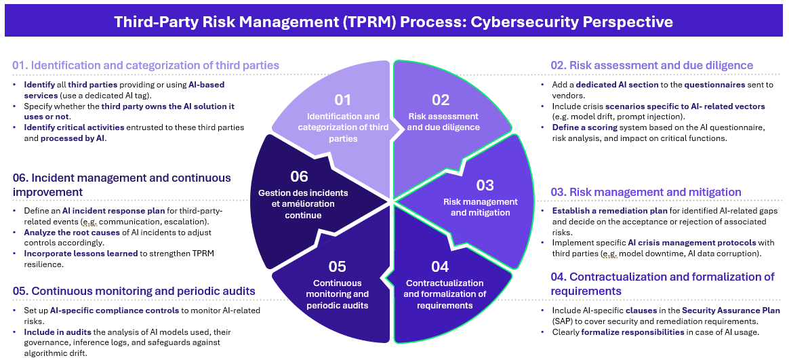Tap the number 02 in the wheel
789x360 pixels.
tap(441, 100)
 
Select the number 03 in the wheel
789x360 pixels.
tap(485, 185)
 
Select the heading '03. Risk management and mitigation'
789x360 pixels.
tap(646, 192)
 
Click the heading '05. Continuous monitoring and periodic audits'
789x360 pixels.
tap(134, 291)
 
